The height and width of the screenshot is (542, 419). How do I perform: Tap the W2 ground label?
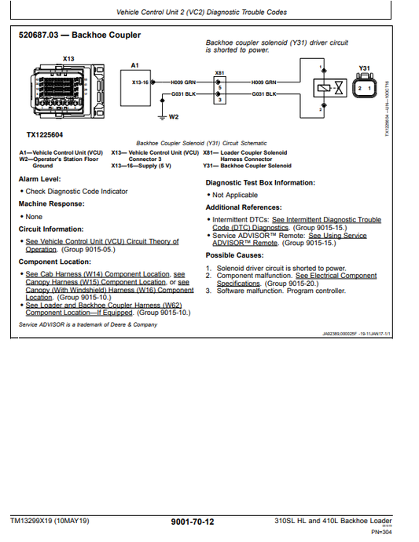pos(174,117)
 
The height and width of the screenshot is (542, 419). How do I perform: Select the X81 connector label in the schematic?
pos(219,72)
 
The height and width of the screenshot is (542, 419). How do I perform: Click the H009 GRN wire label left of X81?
pos(184,81)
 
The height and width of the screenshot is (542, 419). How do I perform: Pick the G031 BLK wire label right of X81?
pos(264,93)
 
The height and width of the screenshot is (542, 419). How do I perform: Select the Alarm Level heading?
pos(39,180)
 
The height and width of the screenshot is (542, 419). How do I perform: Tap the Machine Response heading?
pos(52,204)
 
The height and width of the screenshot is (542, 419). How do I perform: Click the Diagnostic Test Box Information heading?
pos(260,183)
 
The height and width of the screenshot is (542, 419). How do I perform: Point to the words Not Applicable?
pos(235,195)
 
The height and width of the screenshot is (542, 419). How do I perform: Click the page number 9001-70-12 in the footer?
pos(192,522)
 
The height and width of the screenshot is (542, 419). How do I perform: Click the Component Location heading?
pos(55,262)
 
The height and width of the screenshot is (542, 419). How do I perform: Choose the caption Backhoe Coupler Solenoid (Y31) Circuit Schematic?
pos(202,143)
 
